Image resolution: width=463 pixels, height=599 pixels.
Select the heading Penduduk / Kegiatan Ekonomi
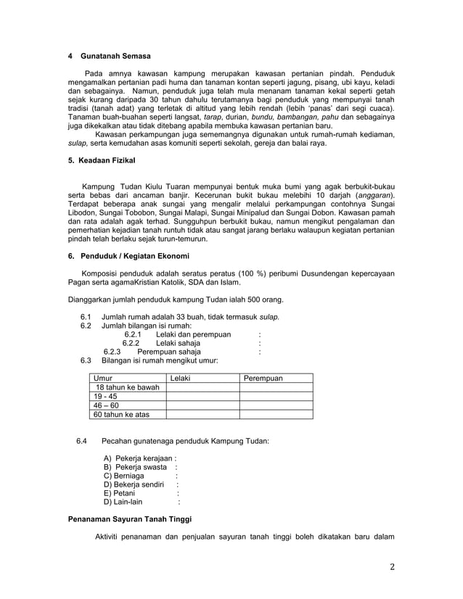coord(128,256)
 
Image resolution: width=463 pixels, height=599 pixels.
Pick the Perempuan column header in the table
coord(263,379)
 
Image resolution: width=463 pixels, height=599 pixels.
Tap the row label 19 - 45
coord(106,397)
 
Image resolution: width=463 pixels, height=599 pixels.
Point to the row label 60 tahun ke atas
coord(120,415)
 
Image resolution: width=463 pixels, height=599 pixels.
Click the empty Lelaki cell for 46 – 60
coord(202,406)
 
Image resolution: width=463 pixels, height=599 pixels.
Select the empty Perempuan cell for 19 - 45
coord(276,397)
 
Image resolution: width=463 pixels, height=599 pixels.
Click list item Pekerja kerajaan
coord(139,459)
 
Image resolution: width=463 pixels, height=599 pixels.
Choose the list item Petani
coord(120,492)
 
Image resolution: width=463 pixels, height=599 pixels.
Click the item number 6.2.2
coord(134,343)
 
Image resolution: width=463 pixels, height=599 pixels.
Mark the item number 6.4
coord(81,441)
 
